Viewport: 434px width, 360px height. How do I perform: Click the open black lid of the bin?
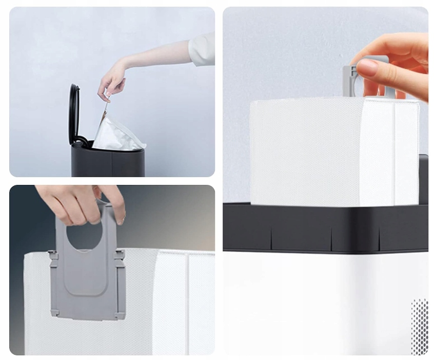[x=74, y=113]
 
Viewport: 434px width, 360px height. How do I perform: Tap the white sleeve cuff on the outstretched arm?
[x=202, y=50]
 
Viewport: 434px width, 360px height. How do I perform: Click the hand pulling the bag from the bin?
[x=112, y=81]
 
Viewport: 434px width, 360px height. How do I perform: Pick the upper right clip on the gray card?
[x=120, y=255]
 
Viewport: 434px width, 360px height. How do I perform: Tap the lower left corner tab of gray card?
[x=54, y=311]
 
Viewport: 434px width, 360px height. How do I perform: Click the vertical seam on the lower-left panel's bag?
[x=187, y=303]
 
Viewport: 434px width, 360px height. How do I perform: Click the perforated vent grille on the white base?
[x=419, y=326]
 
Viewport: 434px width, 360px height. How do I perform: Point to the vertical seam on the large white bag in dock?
[x=393, y=154]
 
